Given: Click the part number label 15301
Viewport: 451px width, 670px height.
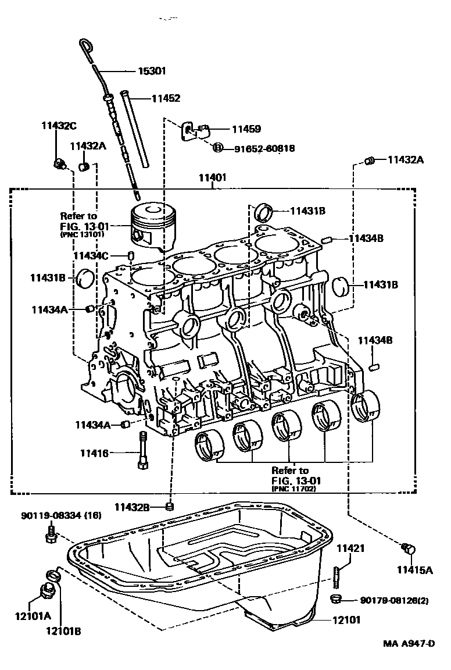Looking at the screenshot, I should coord(152,72).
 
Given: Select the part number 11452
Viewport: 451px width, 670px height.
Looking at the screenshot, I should coord(166,99).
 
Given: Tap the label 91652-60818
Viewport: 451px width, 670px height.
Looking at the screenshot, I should coord(264,149).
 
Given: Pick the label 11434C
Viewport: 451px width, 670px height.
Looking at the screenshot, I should coord(91,255).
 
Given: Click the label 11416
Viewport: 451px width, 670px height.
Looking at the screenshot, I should coord(94,452).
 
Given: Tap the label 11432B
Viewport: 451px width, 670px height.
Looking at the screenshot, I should coord(131,507).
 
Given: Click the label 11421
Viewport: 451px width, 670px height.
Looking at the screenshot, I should coord(352,548).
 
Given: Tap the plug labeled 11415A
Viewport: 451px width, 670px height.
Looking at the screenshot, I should coord(409,548).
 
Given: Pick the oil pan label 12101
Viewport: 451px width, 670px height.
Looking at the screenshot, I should coord(346,620).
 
